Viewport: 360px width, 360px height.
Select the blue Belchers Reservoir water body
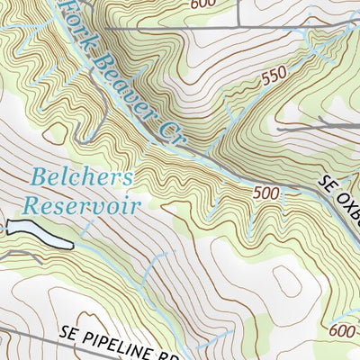(41, 233)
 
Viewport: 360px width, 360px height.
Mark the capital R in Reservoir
(31, 206)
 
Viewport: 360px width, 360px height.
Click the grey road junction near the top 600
(237, 28)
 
